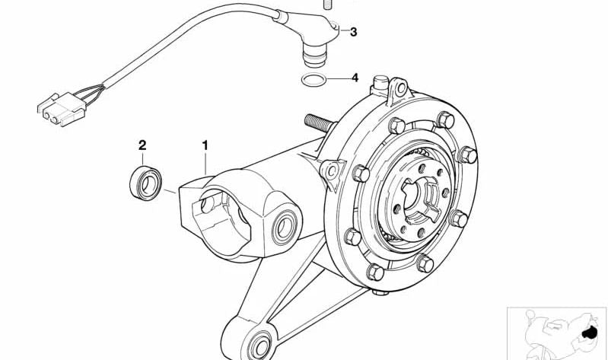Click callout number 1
(x=204, y=143)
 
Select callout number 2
(x=142, y=144)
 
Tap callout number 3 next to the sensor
(x=352, y=32)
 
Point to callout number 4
(x=353, y=78)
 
